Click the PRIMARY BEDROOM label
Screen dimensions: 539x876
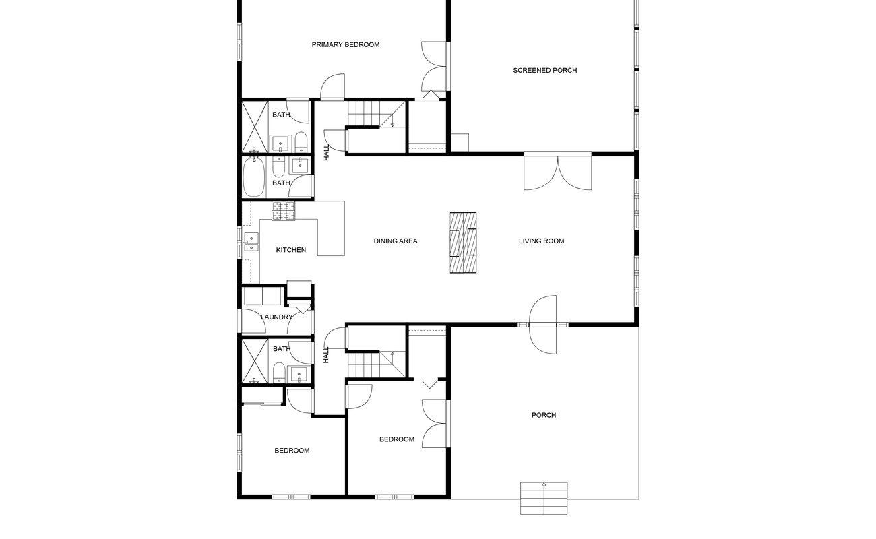(345, 45)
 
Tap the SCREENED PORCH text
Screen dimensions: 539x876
(544, 71)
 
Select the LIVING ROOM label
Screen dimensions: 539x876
(541, 241)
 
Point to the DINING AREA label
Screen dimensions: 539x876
(396, 241)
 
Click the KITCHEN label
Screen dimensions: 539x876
(291, 250)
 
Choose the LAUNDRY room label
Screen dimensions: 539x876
(276, 317)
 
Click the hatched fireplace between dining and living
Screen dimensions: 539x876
(463, 243)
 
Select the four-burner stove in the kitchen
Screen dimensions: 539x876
(284, 211)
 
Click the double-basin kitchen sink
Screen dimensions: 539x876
(251, 242)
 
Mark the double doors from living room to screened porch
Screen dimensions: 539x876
(558, 172)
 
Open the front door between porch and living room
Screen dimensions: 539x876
(543, 325)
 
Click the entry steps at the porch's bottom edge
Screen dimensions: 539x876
(544, 498)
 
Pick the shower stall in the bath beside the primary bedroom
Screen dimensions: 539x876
(255, 126)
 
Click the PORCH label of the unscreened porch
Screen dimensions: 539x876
(544, 416)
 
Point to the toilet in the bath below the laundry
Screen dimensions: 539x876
(278, 373)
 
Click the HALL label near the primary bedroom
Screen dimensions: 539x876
(327, 152)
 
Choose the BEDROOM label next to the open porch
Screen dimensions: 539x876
(397, 440)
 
